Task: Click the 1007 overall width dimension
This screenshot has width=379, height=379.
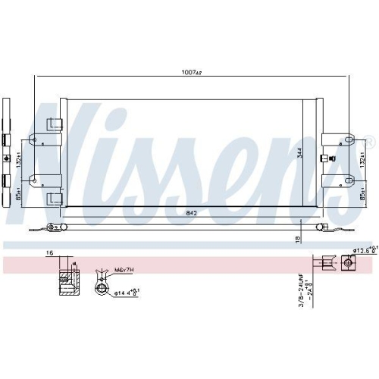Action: [190, 73]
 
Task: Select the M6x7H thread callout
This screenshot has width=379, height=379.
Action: [124, 269]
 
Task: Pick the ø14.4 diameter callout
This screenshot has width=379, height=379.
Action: [125, 291]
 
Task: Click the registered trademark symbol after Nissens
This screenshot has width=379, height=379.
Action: [369, 141]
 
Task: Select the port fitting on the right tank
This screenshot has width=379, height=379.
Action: [324, 158]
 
